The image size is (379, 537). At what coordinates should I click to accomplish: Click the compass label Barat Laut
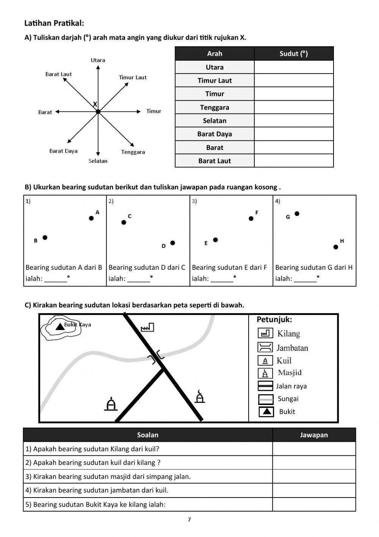click(58, 74)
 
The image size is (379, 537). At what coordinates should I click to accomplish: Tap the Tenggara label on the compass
click(133, 152)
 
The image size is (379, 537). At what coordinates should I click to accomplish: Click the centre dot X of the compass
click(98, 112)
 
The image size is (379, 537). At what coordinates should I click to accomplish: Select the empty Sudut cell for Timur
click(294, 94)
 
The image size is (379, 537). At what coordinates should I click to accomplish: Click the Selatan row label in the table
click(215, 121)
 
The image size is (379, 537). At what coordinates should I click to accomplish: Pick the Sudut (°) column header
click(294, 54)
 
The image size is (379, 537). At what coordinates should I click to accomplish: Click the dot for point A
click(91, 218)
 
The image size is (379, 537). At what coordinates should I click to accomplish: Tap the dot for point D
click(173, 243)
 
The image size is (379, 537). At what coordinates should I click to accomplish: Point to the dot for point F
click(251, 219)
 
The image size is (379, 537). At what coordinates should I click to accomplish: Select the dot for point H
click(336, 247)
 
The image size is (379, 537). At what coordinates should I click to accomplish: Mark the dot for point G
click(297, 214)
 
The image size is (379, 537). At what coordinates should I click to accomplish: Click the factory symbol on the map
click(147, 327)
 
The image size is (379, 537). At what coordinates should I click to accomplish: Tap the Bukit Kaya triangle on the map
click(60, 326)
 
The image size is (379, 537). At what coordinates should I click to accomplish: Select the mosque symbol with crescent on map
click(200, 396)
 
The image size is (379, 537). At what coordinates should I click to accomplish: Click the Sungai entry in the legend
click(288, 399)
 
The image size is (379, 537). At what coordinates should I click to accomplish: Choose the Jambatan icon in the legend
click(265, 347)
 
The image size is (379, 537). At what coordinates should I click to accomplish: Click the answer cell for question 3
click(314, 476)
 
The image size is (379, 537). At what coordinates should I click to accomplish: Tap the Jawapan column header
click(314, 435)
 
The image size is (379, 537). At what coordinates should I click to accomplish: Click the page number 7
click(189, 520)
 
